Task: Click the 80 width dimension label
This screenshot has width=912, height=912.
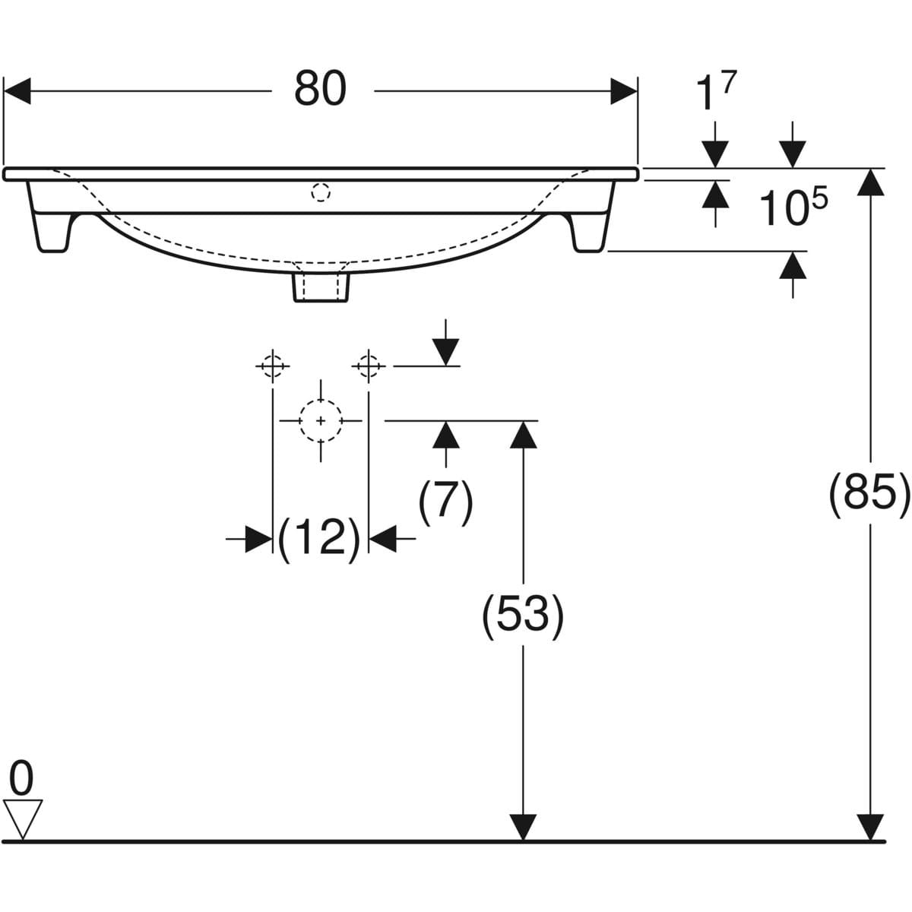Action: click(321, 89)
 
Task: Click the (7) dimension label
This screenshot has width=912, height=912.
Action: click(445, 502)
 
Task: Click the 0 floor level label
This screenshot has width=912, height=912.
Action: click(21, 778)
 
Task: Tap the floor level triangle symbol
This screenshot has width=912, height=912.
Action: click(22, 819)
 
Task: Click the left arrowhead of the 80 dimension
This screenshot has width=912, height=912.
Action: click(17, 91)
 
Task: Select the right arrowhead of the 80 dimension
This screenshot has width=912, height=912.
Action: click(624, 91)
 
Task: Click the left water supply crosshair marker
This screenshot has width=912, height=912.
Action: click(273, 366)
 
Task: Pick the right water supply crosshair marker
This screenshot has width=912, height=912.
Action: click(369, 366)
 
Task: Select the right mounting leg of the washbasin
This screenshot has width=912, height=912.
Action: click(592, 217)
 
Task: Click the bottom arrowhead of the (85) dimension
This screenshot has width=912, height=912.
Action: click(870, 827)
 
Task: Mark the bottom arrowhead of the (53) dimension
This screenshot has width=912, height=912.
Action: click(523, 827)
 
